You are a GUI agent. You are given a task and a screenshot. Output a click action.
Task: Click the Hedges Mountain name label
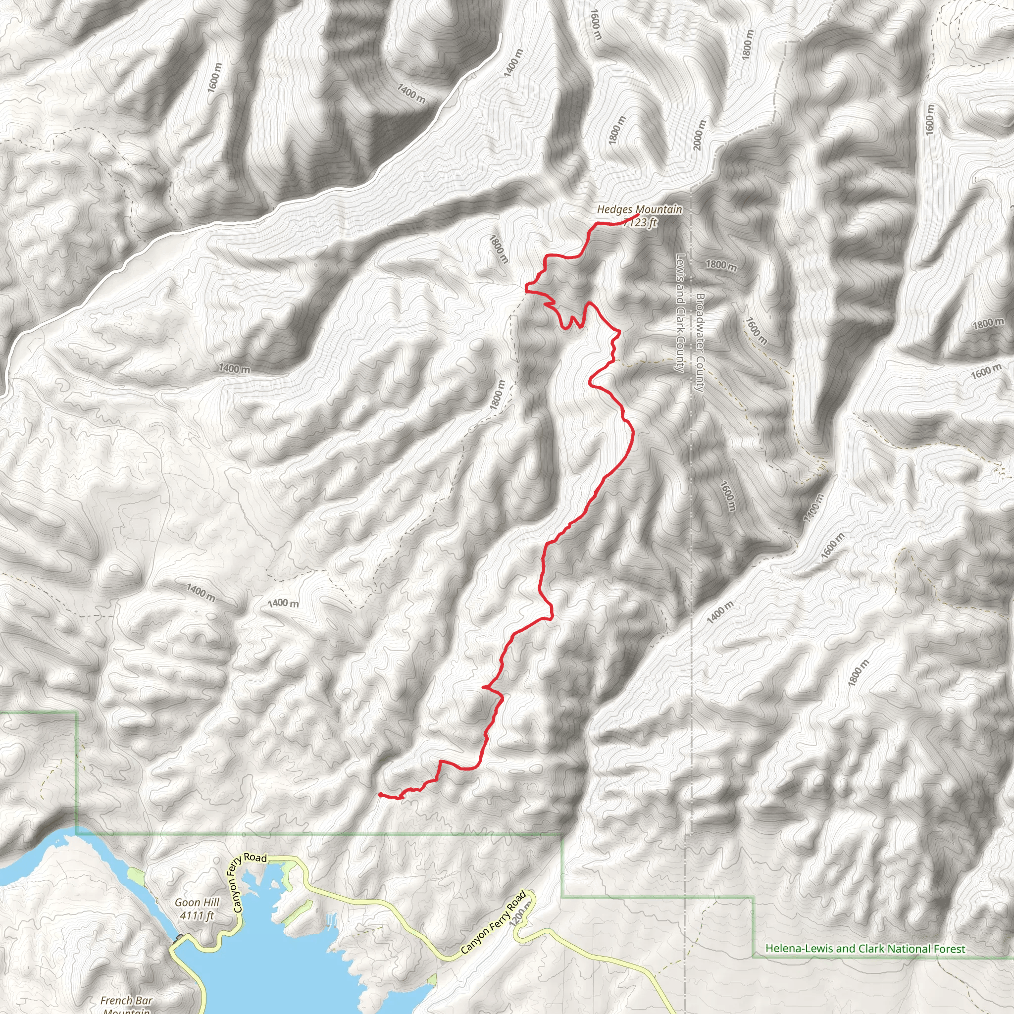point(639,209)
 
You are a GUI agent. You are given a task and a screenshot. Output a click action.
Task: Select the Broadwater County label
point(699,343)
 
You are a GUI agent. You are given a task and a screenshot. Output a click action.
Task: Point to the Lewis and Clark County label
point(680,313)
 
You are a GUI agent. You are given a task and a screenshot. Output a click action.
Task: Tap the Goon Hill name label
point(197,902)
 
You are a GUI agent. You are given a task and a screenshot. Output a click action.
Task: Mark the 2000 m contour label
point(700,135)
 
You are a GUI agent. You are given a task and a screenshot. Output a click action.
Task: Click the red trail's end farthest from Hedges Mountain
point(379,794)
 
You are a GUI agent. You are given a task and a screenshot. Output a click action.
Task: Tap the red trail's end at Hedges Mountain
point(637,215)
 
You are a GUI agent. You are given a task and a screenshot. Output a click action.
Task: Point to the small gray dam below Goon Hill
point(180,937)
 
